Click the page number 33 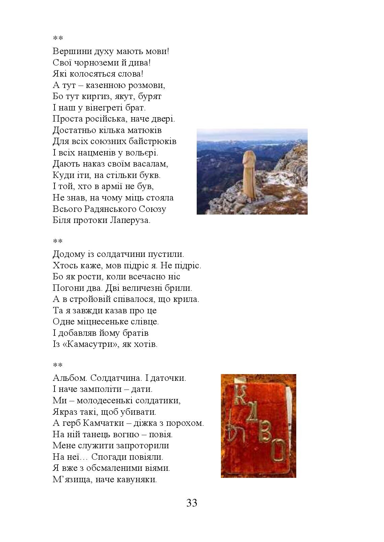[x=192, y=503]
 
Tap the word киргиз [x=93, y=96]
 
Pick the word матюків [x=145, y=130]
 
